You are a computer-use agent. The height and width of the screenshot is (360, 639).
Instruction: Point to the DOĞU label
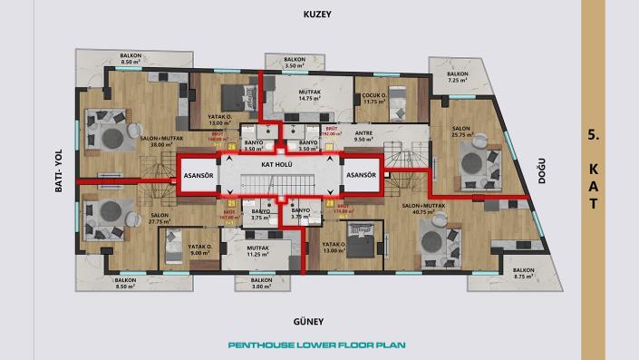click(x=543, y=174)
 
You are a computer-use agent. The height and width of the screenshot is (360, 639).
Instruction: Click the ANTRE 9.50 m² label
click(x=363, y=137)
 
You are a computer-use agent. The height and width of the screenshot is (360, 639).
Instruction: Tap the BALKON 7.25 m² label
click(x=458, y=77)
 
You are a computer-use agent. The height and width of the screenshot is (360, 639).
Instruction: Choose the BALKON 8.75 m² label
click(x=523, y=275)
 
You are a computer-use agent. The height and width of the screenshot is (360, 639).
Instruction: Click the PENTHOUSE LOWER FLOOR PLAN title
click(x=319, y=345)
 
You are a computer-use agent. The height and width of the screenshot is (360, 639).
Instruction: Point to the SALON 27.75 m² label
click(x=135, y=218)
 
